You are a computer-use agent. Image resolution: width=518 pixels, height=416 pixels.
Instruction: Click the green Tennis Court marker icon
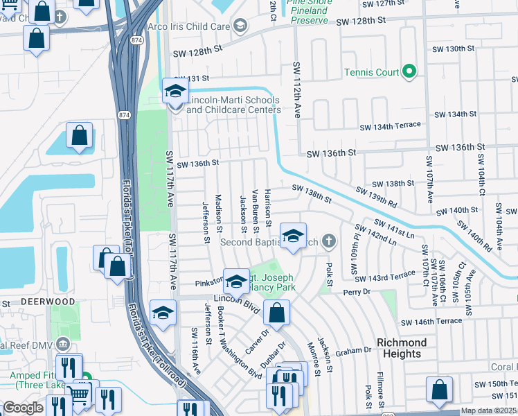coord(409,71)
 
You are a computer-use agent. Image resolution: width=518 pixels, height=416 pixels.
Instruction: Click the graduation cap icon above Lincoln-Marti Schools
coord(176,92)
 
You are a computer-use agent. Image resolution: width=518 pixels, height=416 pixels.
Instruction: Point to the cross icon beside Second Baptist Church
coord(330,241)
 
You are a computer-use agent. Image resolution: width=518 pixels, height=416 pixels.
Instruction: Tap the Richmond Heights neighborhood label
coord(402,348)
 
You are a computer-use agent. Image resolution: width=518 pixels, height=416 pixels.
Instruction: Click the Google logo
coord(23,408)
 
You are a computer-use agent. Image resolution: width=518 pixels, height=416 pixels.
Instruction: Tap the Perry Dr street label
coord(357,292)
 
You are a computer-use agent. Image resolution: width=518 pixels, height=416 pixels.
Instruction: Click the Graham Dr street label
coord(354,352)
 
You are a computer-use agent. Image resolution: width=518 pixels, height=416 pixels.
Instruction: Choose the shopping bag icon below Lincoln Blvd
coord(276,313)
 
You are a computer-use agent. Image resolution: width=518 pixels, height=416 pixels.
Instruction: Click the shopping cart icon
coord(79,394)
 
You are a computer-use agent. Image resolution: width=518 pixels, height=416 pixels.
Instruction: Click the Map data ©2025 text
coord(488,410)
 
